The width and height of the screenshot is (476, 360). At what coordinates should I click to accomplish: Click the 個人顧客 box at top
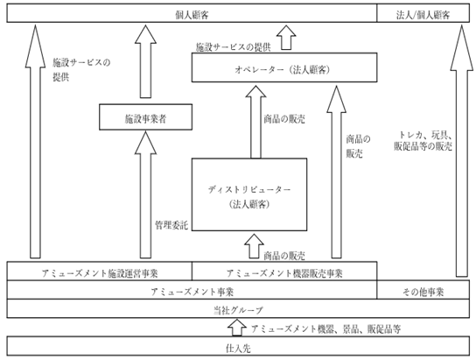coord(192,13)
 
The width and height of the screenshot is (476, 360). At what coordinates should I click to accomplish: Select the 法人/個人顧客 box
coord(423,13)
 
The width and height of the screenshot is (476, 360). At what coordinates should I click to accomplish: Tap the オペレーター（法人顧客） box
coord(284,67)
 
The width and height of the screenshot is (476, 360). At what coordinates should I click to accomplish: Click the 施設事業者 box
coord(146,117)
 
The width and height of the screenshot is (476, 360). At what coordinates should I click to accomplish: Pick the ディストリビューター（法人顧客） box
coord(249,194)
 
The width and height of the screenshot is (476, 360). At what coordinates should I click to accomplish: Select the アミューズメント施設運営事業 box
coord(100,271)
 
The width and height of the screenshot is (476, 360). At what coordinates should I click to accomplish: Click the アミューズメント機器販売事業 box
coord(284,271)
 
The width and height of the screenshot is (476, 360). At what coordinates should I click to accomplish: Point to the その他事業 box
coord(423,290)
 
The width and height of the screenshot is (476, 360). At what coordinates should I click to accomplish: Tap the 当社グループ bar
coord(238,308)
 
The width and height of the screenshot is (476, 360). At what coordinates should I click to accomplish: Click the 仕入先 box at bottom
coord(238,346)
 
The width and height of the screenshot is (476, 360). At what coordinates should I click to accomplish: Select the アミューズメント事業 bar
coord(192,290)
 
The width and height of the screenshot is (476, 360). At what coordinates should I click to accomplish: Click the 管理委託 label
coord(171,225)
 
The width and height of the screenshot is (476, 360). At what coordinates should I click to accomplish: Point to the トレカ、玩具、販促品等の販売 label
coord(423,141)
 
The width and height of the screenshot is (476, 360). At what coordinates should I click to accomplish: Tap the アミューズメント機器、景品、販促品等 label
coord(326,329)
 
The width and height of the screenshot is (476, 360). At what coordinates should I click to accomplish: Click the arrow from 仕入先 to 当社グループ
coord(237,328)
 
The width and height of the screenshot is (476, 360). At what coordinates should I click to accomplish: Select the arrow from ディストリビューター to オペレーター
coord(255,122)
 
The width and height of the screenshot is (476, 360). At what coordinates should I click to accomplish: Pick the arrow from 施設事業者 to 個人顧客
coord(146,61)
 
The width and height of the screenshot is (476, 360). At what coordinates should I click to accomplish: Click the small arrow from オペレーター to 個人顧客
coord(286,38)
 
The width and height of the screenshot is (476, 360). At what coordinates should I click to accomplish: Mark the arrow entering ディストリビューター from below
coord(255,246)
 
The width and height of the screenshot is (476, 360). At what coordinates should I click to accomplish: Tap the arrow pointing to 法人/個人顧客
coord(462,151)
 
